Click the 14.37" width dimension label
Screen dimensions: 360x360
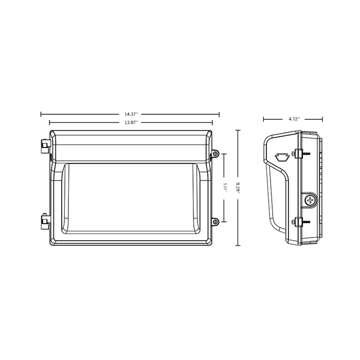tap(131, 114)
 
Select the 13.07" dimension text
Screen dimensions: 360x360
tap(131, 122)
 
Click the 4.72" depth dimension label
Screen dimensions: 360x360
tap(293, 119)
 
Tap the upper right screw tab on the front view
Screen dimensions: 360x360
tap(215, 153)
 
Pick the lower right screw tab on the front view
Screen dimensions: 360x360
tap(215, 221)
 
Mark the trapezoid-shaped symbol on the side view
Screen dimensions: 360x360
tap(280, 156)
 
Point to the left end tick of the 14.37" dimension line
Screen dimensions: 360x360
tap(42, 115)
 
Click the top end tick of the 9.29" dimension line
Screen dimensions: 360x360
tap(238, 131)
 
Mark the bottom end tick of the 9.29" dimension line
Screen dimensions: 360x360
tap(238, 245)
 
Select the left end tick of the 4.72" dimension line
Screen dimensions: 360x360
tap(263, 119)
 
